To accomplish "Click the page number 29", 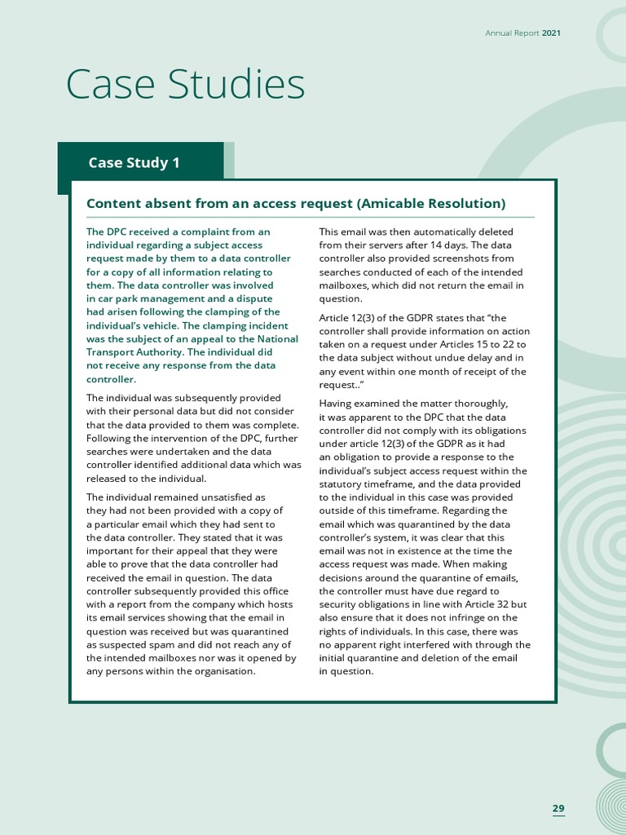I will tap(558, 808).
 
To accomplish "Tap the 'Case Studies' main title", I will tap(185, 85).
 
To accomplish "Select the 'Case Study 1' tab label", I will tap(134, 162).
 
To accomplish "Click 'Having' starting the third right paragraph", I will tap(337, 404).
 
